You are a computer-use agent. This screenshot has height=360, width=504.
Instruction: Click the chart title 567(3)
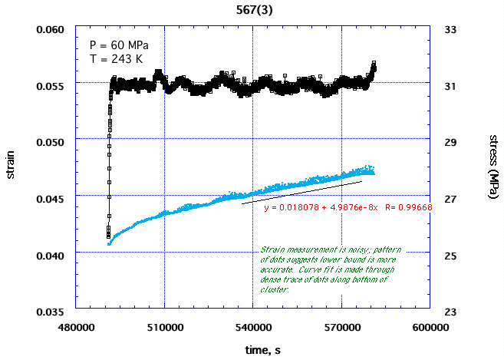tap(252, 8)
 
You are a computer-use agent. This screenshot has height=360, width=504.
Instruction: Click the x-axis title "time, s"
tap(252, 350)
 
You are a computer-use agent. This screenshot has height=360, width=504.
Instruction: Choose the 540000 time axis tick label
tap(252, 326)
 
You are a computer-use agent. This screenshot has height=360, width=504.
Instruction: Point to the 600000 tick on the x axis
tap(430, 326)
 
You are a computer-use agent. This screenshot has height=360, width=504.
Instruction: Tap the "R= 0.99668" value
tap(409, 207)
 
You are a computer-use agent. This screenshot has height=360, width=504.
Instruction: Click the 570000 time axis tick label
tap(341, 326)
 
